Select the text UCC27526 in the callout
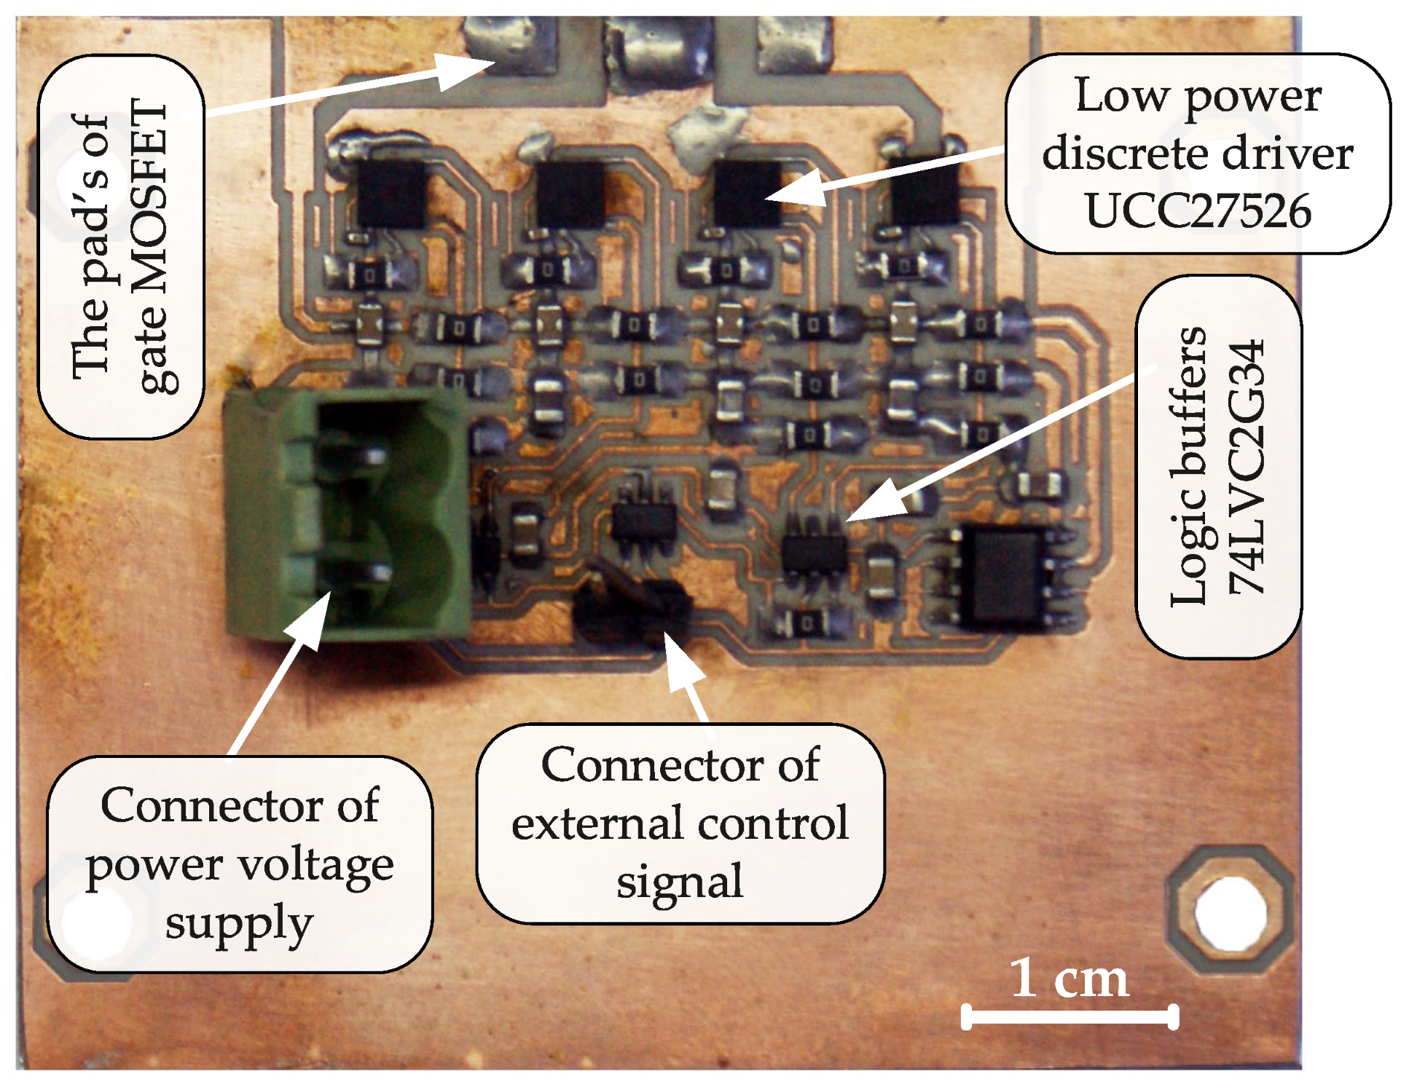(1198, 211)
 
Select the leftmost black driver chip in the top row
(391, 193)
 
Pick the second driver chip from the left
(570, 193)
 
